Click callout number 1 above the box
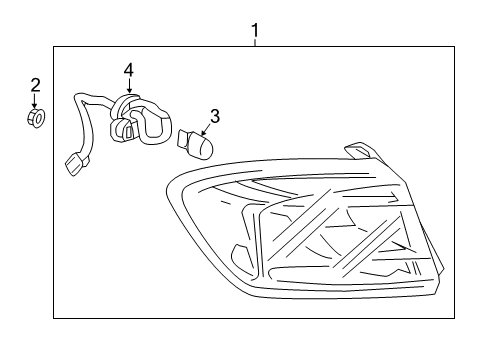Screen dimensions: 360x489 pos(255,31)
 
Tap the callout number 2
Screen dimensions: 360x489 pos(35,84)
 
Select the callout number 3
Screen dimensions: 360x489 pos(213,116)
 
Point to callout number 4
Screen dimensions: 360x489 pos(129,69)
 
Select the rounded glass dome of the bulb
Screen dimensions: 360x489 pos(203,147)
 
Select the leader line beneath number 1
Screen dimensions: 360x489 pos(255,43)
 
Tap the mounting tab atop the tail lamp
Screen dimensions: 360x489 pos(356,151)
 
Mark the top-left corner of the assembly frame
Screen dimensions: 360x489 pos(54,47)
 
